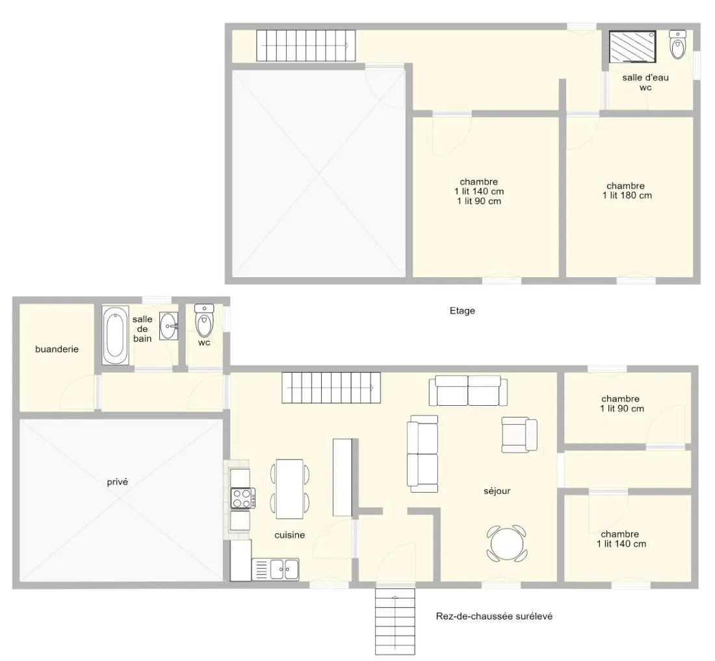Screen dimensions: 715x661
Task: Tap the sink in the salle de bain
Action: (169, 326)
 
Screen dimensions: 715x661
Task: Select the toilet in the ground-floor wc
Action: (204, 321)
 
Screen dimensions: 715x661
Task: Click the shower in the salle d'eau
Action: (633, 47)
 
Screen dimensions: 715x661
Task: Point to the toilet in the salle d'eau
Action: (677, 44)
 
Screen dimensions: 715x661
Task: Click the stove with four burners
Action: (243, 498)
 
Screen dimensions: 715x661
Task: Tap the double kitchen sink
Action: (276, 569)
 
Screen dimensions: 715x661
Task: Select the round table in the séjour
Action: (506, 543)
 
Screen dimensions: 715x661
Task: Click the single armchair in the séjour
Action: (519, 434)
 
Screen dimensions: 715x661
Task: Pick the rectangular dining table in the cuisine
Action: (290, 489)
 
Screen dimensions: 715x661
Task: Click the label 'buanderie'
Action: (57, 349)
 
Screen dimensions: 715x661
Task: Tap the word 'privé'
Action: (117, 482)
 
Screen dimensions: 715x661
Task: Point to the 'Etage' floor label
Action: (462, 310)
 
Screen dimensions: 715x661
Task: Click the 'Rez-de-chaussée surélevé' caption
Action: (494, 616)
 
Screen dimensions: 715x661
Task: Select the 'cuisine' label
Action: (289, 535)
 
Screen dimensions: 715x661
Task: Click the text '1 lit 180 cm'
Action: (627, 195)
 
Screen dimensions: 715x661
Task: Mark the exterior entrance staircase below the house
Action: (395, 622)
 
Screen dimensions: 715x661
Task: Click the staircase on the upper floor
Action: (305, 45)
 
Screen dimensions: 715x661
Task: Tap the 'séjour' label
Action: (497, 491)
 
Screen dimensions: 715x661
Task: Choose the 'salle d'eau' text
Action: (645, 78)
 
